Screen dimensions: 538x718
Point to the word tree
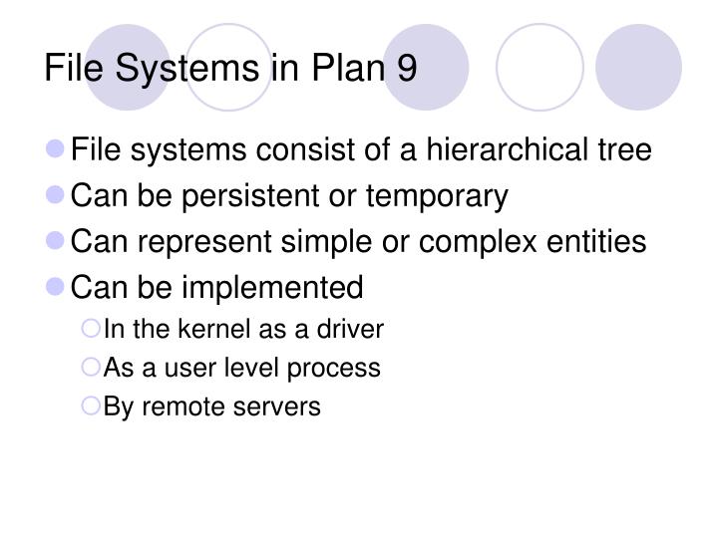(x=624, y=150)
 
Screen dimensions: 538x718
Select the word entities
(x=597, y=242)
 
